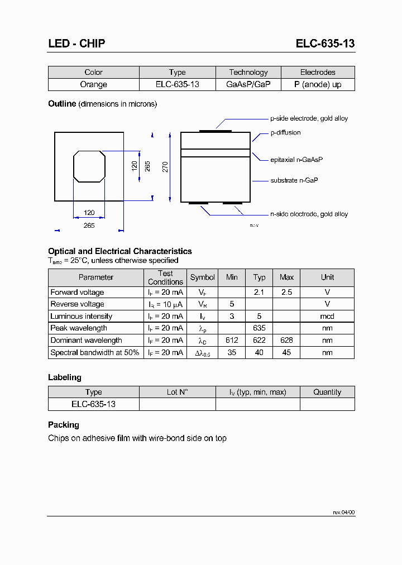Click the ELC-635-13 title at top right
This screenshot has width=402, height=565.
pyautogui.click(x=325, y=44)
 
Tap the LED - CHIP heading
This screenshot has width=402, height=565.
pyautogui.click(x=76, y=44)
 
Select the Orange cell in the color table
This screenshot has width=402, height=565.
pyautogui.click(x=93, y=84)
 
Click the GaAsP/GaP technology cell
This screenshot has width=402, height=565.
pyautogui.click(x=248, y=84)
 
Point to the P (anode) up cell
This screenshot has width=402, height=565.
pyautogui.click(x=318, y=84)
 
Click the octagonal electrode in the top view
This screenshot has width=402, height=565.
pyautogui.click(x=89, y=166)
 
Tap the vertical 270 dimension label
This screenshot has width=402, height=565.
pyautogui.click(x=165, y=166)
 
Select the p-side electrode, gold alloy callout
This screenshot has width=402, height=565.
pyautogui.click(x=309, y=118)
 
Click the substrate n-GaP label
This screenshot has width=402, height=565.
pyautogui.click(x=294, y=181)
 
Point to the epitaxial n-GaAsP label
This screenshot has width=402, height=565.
pyautogui.click(x=296, y=160)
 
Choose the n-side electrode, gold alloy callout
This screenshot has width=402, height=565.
pyautogui.click(x=309, y=214)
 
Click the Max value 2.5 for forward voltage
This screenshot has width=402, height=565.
pyautogui.click(x=286, y=292)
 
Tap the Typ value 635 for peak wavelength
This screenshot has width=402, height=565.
pyautogui.click(x=259, y=328)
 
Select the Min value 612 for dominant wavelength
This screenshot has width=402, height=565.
pyautogui.click(x=232, y=340)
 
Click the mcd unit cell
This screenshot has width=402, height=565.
pyautogui.click(x=327, y=316)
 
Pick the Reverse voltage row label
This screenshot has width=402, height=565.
pyautogui.click(x=77, y=304)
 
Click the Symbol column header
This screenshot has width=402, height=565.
pyautogui.click(x=202, y=277)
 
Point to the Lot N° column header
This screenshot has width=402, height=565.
pyautogui.click(x=177, y=392)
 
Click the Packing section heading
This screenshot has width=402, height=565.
pyautogui.click(x=64, y=425)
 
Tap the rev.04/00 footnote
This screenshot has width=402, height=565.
pyautogui.click(x=343, y=512)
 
